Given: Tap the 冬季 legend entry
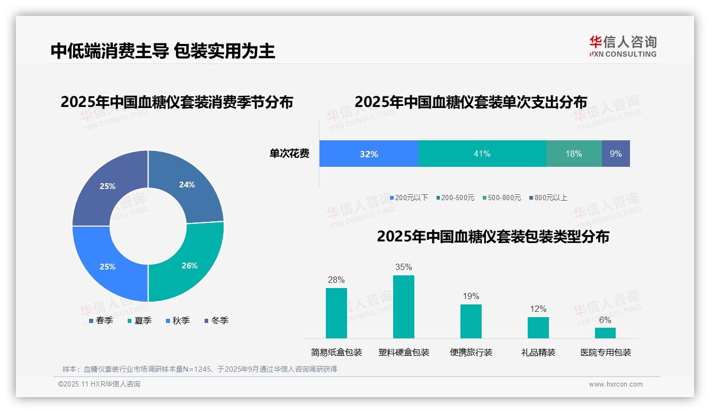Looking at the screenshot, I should point(216,320).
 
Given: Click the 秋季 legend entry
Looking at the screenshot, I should point(177,320).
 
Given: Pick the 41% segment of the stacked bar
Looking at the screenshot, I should point(482,154).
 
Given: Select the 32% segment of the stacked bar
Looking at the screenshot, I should point(369,154).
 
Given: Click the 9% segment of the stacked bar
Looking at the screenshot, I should point(616,154).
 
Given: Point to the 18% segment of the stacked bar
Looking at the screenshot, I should point(574,154).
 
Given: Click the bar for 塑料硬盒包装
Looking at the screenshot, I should point(404,307).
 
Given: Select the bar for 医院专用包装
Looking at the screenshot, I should point(605,333).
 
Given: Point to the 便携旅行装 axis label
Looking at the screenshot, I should point(471,352).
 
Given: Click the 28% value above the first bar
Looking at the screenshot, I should point(336,280).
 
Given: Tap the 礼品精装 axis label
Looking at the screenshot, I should point(538,352).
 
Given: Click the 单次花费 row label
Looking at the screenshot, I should point(289,154).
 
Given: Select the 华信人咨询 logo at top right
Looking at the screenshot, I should point(623,46).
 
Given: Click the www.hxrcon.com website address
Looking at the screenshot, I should point(616,384).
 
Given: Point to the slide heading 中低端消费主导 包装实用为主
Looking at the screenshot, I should point(163,51).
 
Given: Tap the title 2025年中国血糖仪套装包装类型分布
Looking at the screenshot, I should point(493,236).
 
